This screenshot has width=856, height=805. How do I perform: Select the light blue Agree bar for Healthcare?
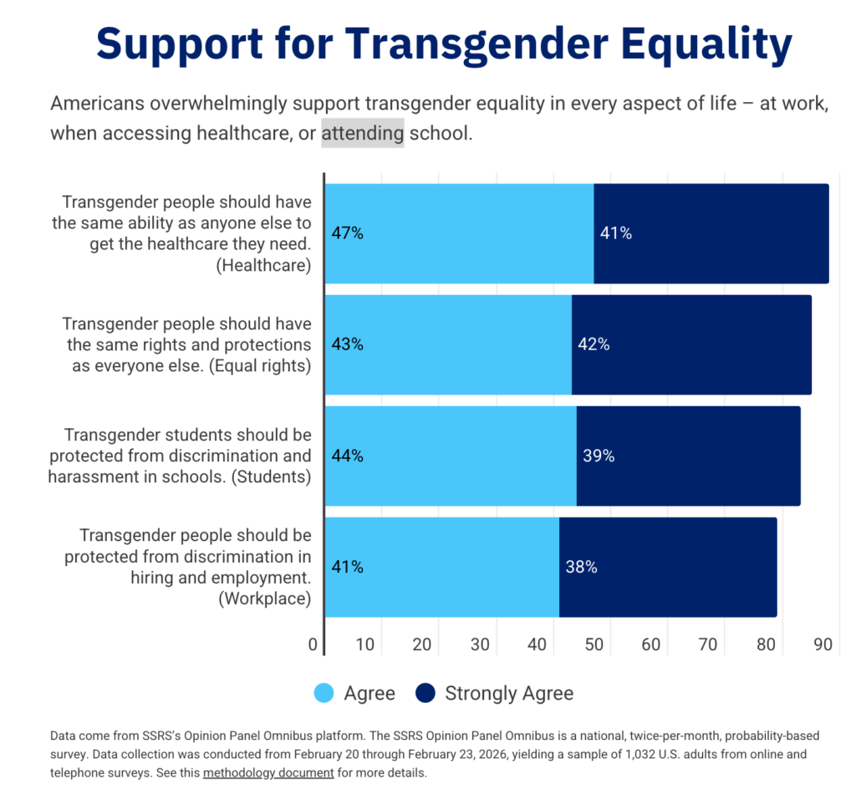coord(459,234)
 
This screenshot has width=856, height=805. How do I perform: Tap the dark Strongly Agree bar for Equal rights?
coord(691,344)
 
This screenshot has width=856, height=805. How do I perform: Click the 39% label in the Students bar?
coord(599,456)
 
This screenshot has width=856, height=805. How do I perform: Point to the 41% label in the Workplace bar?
coord(347,567)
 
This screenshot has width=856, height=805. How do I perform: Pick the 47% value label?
coord(347,233)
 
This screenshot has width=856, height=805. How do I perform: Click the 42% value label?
coord(593,344)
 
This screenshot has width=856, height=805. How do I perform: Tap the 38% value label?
coord(581,567)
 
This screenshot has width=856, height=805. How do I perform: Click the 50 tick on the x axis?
coord(594,645)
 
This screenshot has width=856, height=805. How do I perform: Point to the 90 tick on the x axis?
coord(823,645)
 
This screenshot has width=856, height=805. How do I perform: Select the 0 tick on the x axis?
coord(313,645)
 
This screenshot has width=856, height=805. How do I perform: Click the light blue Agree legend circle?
coord(324,693)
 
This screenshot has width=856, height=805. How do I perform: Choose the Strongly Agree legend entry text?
coord(509,693)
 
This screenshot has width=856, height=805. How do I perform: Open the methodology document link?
coord(268,772)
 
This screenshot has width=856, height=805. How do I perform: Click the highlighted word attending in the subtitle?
coord(363,133)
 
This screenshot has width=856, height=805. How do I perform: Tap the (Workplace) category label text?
coord(265,598)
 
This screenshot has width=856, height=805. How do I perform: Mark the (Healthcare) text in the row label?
coord(265,265)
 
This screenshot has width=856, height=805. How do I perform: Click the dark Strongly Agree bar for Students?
coord(688,456)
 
